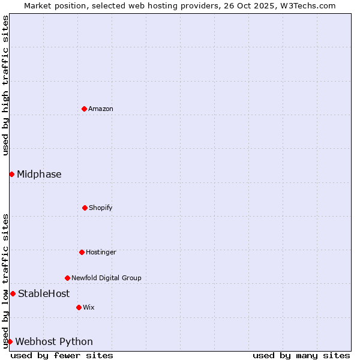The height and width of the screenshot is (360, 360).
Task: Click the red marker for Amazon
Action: [x=84, y=109]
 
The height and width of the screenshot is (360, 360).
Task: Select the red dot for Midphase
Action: [x=11, y=174]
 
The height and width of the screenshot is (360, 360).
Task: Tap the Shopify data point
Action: [x=85, y=208]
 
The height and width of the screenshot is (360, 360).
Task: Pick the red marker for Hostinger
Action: [x=82, y=252]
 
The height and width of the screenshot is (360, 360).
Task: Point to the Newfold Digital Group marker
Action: [x=67, y=278]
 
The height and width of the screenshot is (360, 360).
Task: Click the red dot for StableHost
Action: [x=13, y=293]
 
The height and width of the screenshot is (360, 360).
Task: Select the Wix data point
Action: [x=79, y=307]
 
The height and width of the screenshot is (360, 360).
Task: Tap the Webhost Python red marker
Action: [x=10, y=341]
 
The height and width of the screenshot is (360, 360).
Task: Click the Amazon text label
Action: [x=101, y=109]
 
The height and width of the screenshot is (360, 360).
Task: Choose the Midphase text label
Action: [x=39, y=174]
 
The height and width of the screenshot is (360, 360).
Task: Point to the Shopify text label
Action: [x=101, y=208]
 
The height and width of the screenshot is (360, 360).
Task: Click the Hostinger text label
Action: [x=101, y=252]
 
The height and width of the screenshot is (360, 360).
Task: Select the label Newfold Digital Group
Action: [x=106, y=278]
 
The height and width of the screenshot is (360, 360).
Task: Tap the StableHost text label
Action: [x=44, y=293]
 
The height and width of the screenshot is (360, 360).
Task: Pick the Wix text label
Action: [x=89, y=307]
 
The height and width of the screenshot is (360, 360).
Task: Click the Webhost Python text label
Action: [x=54, y=341]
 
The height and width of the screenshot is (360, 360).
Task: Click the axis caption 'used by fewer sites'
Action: [x=62, y=355]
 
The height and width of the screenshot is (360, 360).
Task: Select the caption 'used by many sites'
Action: [x=301, y=355]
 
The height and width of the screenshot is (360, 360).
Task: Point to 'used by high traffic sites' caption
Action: [x=5, y=85]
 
